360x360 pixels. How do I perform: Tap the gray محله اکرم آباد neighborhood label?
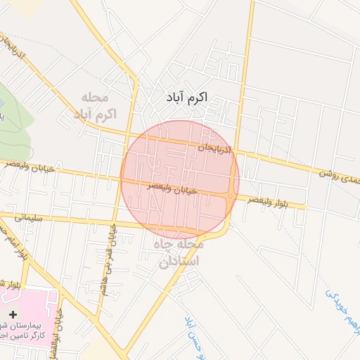98,105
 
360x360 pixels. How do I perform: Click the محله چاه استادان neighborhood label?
179,254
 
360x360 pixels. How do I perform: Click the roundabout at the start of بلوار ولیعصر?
230,196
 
